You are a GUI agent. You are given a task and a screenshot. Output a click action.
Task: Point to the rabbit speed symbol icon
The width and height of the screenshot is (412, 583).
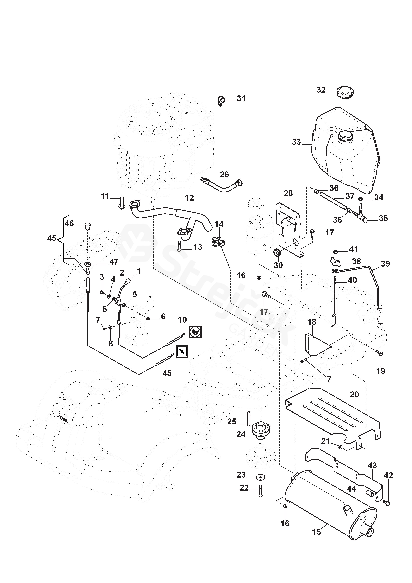tap(195, 332)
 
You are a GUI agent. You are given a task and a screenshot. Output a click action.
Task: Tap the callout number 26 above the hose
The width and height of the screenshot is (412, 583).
tap(224, 175)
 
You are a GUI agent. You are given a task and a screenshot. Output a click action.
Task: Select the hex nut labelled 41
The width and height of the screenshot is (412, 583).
tap(335, 251)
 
